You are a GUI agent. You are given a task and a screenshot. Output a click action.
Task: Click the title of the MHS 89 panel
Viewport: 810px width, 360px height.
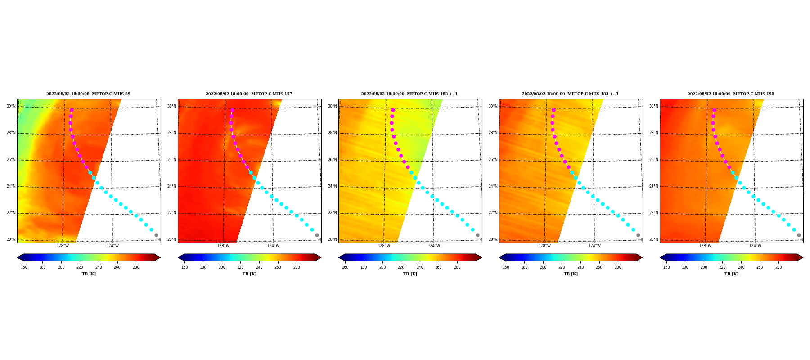tap(88, 94)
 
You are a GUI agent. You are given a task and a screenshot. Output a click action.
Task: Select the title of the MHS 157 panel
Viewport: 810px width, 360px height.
tap(249, 94)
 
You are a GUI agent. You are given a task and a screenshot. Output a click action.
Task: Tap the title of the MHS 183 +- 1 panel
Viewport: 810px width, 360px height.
tap(409, 94)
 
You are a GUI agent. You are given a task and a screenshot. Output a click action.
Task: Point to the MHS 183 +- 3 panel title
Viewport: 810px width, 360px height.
tap(570, 94)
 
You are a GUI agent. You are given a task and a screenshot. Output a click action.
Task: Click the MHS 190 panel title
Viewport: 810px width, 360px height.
tap(731, 94)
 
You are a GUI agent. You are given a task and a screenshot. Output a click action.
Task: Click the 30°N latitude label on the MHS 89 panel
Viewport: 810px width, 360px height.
tap(11, 107)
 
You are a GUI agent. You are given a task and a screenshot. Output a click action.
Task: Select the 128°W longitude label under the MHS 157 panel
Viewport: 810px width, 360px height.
tap(223, 246)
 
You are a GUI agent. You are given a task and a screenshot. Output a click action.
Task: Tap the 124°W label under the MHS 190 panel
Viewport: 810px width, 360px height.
tap(755, 246)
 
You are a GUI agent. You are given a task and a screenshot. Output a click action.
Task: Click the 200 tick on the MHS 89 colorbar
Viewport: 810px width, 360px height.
tap(61, 267)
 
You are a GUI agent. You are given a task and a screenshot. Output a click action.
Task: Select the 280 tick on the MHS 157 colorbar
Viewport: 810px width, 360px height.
tap(297, 267)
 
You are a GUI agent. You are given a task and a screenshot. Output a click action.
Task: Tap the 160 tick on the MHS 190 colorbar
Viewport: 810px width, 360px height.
tap(666, 267)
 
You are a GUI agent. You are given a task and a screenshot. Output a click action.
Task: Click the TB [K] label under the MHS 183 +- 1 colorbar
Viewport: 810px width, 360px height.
tap(410, 274)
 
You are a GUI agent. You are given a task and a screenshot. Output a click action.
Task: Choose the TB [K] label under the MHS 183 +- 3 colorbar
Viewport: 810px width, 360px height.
tap(571, 274)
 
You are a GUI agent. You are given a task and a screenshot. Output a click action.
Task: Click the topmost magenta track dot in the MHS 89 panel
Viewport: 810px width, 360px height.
tap(72, 110)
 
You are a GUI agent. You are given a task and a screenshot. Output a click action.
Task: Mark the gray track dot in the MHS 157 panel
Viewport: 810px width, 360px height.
tap(317, 235)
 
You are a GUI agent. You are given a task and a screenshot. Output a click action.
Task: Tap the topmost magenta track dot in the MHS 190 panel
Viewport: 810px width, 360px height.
tap(714, 110)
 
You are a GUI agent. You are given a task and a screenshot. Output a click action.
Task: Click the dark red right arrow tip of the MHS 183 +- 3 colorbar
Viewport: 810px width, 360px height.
tap(642, 257)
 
